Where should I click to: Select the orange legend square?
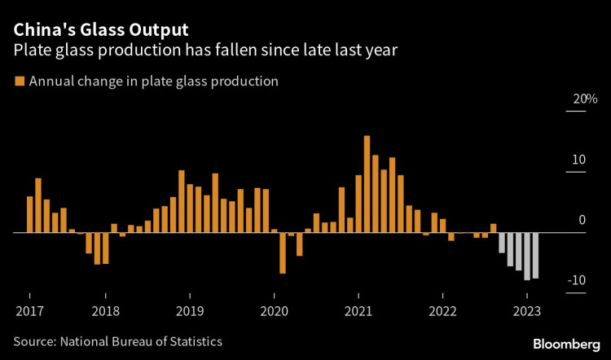(x=19, y=81)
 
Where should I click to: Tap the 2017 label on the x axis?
(x=29, y=310)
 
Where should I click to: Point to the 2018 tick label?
(x=107, y=310)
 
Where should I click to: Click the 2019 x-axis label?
(x=190, y=310)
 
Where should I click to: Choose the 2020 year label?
(x=274, y=310)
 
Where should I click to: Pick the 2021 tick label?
(x=358, y=310)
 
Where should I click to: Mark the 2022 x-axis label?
(x=442, y=310)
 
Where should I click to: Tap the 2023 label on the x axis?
(x=526, y=310)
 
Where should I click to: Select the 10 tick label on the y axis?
(x=578, y=160)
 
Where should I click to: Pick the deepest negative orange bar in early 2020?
(x=283, y=252)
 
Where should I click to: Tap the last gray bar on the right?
(x=535, y=255)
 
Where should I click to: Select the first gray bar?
(x=502, y=243)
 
